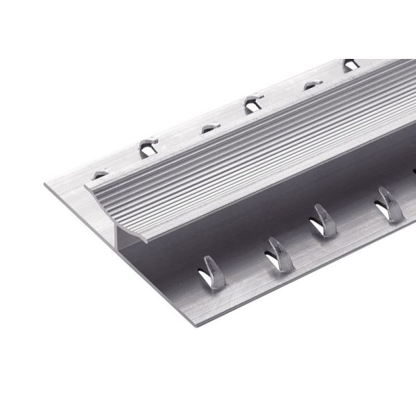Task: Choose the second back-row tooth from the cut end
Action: point(148,146)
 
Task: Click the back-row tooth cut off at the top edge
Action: point(352,64)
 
